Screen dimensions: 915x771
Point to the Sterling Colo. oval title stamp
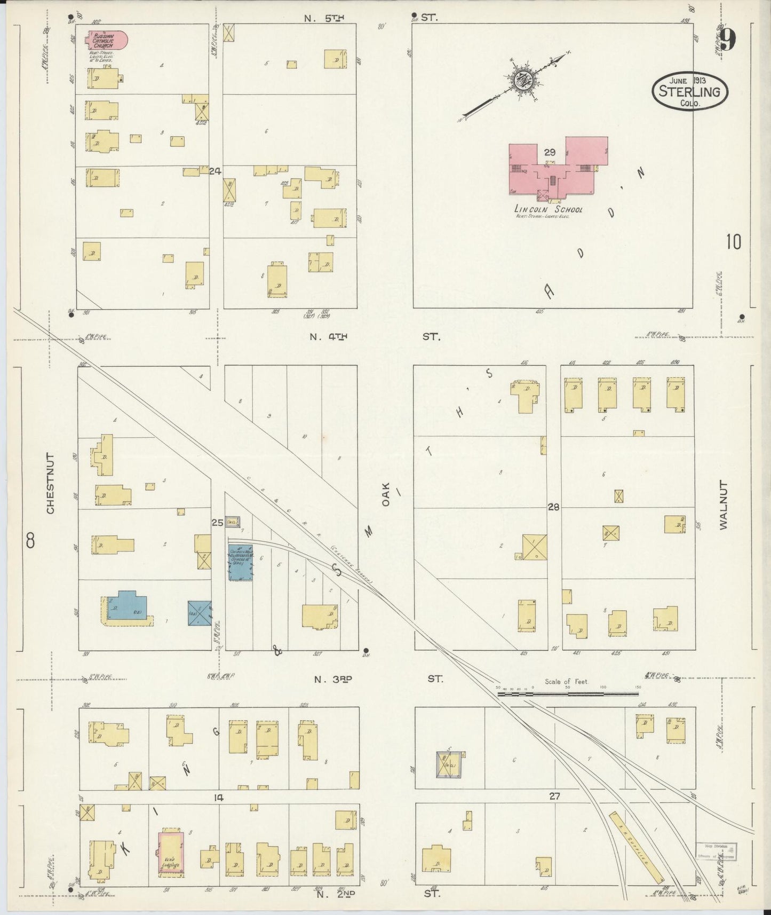point(689,90)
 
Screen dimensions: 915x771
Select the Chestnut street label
point(51,484)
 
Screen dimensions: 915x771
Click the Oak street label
point(387,494)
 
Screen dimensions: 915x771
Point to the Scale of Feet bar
point(568,693)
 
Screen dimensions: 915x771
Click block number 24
point(215,171)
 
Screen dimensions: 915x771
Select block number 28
point(553,507)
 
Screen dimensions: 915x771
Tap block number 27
point(555,796)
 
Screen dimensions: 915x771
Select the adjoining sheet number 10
point(733,242)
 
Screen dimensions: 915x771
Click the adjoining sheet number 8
point(30,541)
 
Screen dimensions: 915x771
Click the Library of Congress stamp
point(717,852)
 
